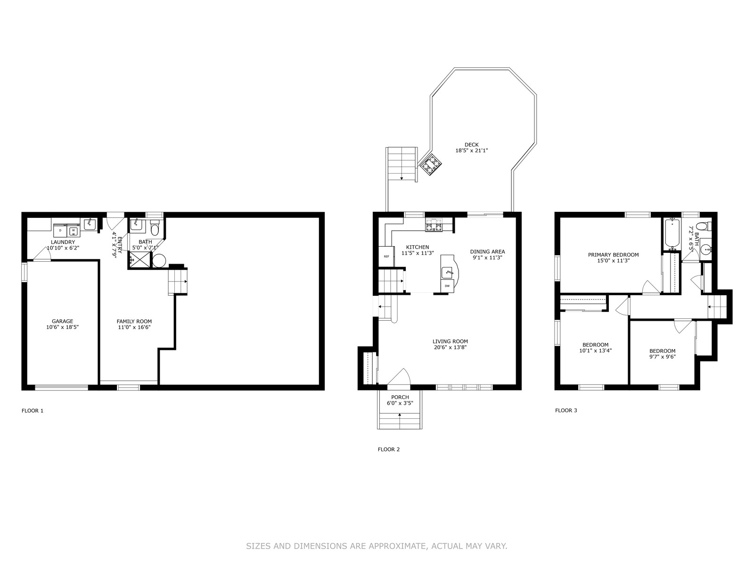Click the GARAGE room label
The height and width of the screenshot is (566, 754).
tap(63, 321)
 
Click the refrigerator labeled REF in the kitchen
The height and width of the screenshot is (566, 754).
tap(386, 257)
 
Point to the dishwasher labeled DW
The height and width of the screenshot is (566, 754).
tap(447, 285)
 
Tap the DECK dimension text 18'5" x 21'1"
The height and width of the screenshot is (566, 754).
tap(472, 150)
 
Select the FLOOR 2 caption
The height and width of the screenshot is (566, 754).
tap(389, 449)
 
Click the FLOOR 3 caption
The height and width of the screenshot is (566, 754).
tap(566, 410)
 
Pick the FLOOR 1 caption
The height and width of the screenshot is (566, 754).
tap(33, 411)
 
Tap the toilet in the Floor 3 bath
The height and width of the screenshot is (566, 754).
tap(704, 226)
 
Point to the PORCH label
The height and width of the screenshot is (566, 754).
tap(400, 397)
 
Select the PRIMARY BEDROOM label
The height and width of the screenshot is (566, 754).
tap(614, 255)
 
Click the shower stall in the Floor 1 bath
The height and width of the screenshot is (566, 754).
tap(140, 259)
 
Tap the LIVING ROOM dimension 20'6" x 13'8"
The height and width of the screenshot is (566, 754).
tap(451, 347)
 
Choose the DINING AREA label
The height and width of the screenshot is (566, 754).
tap(488, 251)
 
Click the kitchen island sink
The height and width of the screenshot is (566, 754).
tap(448, 273)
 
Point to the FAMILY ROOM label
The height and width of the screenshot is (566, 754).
tap(134, 321)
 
